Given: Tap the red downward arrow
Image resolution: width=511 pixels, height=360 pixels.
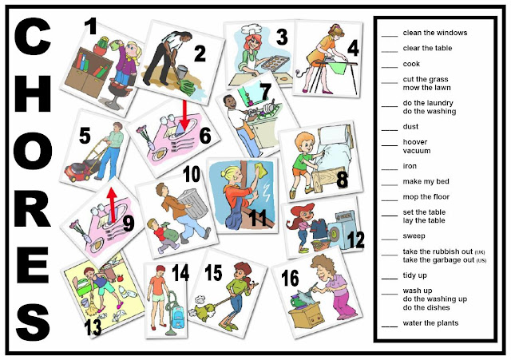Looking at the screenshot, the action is [184, 115].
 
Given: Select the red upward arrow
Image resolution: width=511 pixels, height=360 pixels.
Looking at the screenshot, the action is [112, 205].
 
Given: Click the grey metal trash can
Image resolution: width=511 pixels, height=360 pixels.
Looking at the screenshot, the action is [193, 204].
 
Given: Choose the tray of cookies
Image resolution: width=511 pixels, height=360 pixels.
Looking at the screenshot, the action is [275, 62].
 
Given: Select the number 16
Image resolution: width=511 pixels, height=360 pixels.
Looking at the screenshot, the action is [290, 279].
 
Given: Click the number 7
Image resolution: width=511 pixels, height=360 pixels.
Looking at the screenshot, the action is [266, 92].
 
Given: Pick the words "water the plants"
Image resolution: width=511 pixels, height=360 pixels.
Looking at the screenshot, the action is [430, 323].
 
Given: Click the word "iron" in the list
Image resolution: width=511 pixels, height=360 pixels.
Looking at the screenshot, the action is [410, 166].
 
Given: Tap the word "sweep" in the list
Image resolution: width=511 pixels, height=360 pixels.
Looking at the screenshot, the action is [414, 236].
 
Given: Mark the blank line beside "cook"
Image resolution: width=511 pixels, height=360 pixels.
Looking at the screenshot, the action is [390, 67].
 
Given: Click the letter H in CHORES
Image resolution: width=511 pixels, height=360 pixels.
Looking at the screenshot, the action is [33, 93].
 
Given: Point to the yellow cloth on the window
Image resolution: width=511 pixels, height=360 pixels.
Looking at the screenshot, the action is [261, 171].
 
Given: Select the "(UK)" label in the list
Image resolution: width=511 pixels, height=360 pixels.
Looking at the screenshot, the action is [480, 252].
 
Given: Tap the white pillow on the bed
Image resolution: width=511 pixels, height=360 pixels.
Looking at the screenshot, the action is [334, 136].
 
